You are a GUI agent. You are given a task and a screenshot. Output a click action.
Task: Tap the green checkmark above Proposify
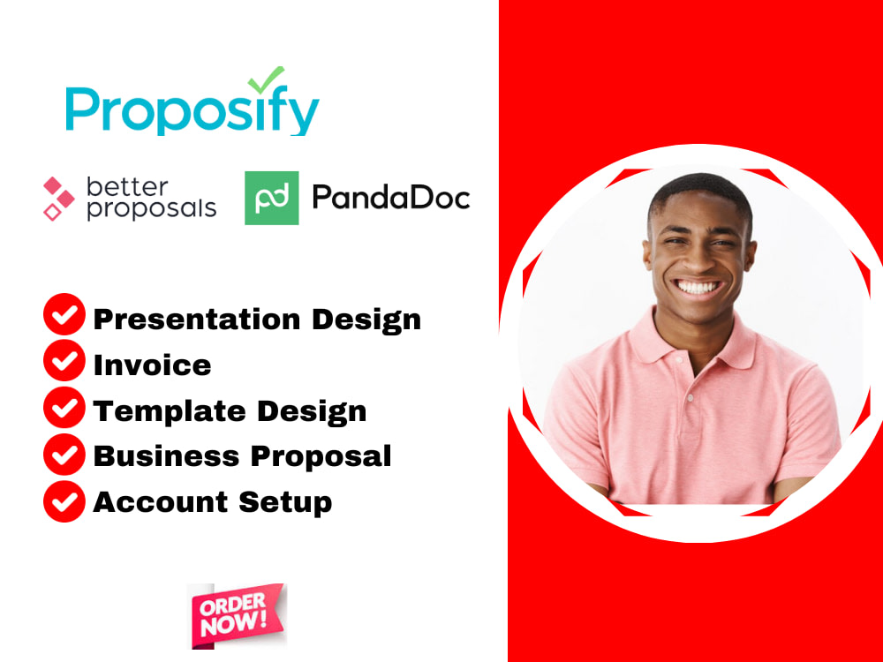click(x=266, y=79)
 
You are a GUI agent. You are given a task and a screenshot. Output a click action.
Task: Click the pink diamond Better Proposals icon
click(x=59, y=198)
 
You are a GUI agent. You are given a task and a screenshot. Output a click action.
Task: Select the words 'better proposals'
click(x=150, y=198)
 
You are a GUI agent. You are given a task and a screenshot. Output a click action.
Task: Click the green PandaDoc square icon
click(x=271, y=198)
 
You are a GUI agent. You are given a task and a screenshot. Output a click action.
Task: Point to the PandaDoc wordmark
click(x=390, y=198)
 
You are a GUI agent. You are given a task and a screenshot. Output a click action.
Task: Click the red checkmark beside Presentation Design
click(x=64, y=316)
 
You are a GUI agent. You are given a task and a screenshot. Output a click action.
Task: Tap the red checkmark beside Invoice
click(x=64, y=362)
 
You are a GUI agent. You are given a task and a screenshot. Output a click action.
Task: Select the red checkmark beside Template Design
click(x=64, y=408)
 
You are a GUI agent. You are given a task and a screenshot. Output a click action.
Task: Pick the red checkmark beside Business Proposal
click(x=64, y=454)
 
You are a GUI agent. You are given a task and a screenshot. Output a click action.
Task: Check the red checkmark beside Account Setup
click(x=64, y=500)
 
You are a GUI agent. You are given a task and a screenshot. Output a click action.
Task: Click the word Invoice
click(x=152, y=365)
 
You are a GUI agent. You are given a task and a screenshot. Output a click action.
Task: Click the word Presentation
click(x=180, y=319)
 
